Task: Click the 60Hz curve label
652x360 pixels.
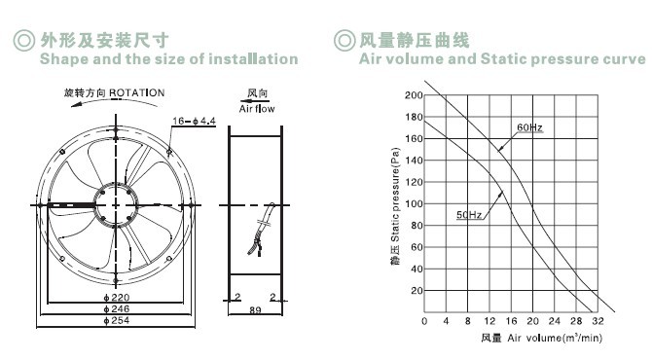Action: pos(529,127)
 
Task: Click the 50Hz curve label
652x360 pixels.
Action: pos(469,214)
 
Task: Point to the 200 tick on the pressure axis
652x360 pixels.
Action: pos(414,95)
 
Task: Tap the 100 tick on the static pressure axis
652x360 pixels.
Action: pos(414,203)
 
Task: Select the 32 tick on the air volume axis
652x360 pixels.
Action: pos(598,321)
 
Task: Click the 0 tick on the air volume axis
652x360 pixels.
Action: pos(424,321)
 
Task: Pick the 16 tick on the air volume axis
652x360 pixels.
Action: pos(511,321)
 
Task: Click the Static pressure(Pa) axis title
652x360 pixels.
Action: pos(395,195)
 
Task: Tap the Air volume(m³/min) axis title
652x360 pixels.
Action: pos(555,338)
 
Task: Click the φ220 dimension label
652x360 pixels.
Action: pos(117,297)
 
